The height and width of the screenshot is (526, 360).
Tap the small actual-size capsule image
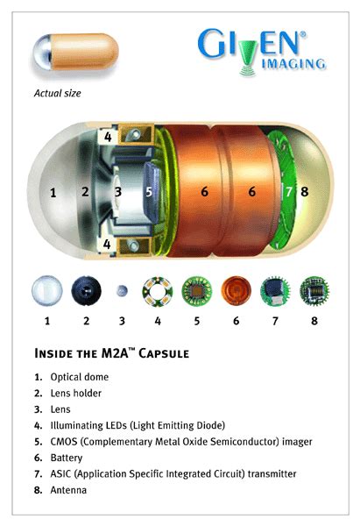click(74, 55)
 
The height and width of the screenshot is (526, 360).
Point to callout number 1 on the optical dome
click(53, 191)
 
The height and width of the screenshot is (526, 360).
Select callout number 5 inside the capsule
click(149, 191)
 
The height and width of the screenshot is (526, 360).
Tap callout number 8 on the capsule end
click(305, 191)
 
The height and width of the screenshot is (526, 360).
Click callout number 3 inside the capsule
click(117, 191)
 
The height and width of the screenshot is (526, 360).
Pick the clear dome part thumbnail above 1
click(46, 289)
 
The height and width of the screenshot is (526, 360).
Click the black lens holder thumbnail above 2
click(85, 289)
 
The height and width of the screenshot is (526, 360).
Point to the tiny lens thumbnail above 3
click(124, 290)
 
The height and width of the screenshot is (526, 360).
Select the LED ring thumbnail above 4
click(160, 289)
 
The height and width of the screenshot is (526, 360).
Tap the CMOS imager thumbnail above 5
click(197, 289)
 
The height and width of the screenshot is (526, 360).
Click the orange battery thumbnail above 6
click(235, 289)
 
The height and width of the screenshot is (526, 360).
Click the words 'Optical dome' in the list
click(84, 376)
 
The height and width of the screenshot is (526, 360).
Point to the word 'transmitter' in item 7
click(266, 473)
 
